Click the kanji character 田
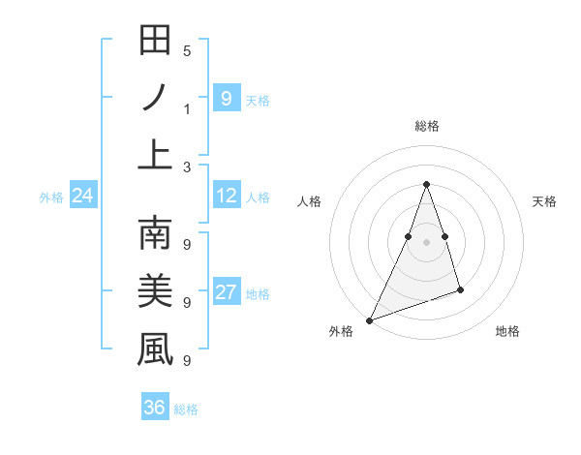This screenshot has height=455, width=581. [155, 42]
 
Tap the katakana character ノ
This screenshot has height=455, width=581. [155, 99]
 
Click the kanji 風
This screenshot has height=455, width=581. [155, 349]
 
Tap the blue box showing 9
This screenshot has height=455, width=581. [226, 99]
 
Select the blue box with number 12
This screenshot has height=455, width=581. [226, 197]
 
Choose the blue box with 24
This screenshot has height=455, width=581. [82, 197]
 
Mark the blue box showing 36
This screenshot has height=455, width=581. [155, 408]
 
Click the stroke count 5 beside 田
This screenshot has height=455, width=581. [187, 51]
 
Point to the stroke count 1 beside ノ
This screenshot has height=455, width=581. [187, 108]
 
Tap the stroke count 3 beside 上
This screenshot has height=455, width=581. [187, 167]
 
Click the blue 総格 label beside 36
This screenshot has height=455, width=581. [186, 409]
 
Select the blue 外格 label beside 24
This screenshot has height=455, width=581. [51, 197]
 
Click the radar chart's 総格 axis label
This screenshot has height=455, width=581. [426, 126]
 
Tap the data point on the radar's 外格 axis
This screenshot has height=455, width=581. [369, 319]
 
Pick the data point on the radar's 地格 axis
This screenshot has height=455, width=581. [460, 289]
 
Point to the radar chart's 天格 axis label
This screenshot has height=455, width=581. [545, 201]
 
